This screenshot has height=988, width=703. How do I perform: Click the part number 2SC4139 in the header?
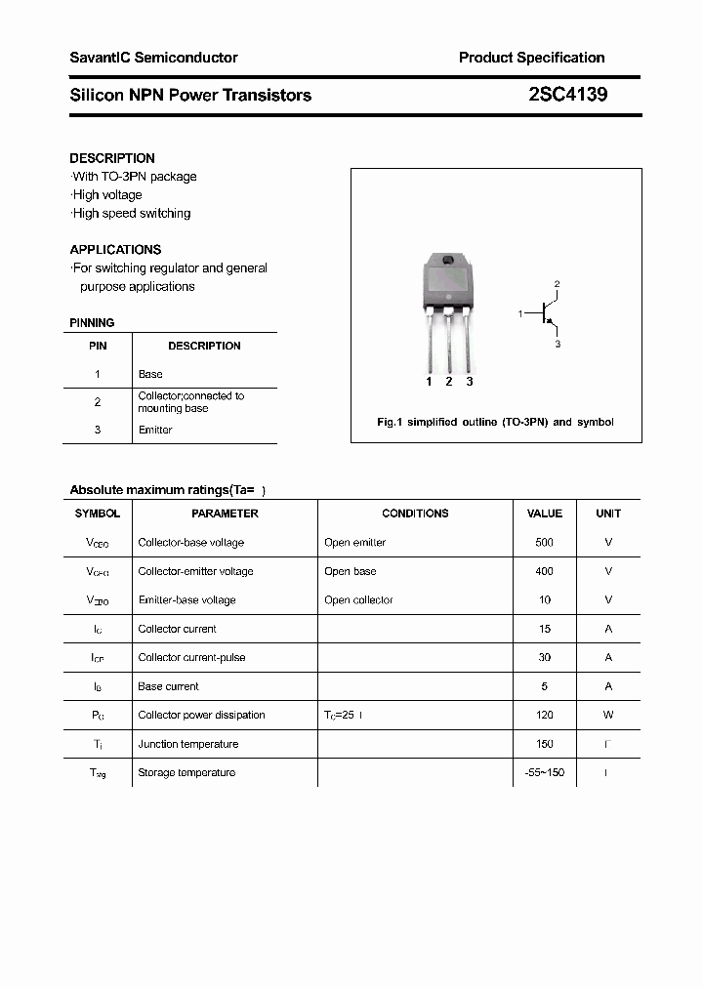(x=567, y=95)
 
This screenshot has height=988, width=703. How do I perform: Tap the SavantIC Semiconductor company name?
(x=153, y=58)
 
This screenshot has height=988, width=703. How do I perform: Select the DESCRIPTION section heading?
(x=112, y=158)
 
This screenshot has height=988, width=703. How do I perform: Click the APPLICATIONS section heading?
(x=115, y=249)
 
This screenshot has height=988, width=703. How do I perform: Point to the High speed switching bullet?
(x=131, y=213)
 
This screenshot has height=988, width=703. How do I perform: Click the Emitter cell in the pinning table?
(x=155, y=430)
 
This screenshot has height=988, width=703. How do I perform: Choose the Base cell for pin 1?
(x=150, y=374)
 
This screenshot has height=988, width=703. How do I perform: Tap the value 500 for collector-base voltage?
(x=544, y=542)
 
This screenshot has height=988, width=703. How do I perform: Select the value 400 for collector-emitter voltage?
(x=544, y=571)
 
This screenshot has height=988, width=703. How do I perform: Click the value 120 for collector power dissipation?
(x=544, y=715)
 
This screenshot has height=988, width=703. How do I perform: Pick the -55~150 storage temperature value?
(x=544, y=772)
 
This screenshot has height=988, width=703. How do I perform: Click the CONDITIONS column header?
(x=415, y=514)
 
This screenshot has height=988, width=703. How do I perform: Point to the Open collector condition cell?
(x=358, y=599)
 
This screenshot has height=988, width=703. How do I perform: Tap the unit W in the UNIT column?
(x=608, y=715)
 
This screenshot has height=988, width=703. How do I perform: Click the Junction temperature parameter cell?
(x=188, y=744)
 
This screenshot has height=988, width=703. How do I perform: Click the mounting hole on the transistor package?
(x=448, y=261)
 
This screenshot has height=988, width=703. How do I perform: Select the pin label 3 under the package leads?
(x=470, y=382)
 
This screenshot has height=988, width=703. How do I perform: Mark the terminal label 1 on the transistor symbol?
(x=520, y=313)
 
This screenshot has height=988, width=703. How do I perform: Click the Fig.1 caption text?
(x=495, y=422)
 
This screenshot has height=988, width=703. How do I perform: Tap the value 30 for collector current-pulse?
(x=544, y=657)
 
